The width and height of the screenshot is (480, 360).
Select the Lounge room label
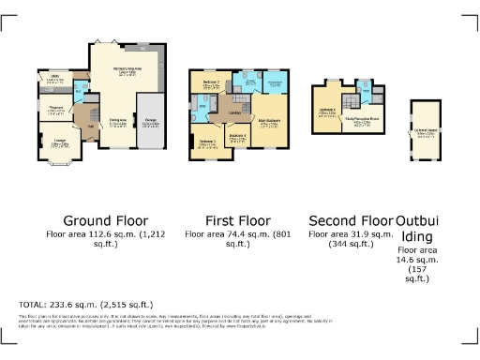coord(58,142)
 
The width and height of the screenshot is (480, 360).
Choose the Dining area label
coord(118,122)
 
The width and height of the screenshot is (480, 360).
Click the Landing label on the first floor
coord(234,113)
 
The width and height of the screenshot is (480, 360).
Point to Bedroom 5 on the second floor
coord(328,114)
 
